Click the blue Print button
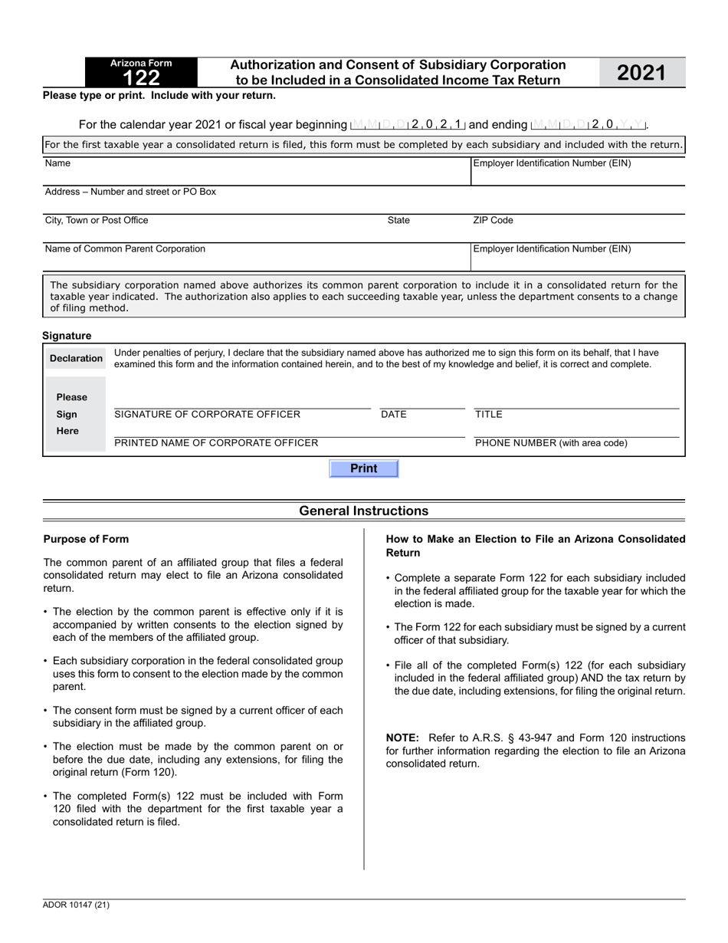click(x=363, y=468)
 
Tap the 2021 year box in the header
click(x=641, y=73)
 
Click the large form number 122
click(x=141, y=77)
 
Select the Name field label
click(x=57, y=163)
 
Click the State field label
click(x=398, y=221)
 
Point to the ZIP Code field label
click(x=493, y=221)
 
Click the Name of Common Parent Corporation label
click(x=125, y=249)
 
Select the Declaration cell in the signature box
click(x=76, y=358)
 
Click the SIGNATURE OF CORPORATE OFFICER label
click(x=207, y=415)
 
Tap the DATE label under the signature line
click(x=394, y=415)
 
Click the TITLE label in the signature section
click(x=489, y=415)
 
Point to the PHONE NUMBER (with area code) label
click(x=551, y=443)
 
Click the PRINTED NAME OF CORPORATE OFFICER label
click(x=216, y=443)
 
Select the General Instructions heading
click(x=363, y=511)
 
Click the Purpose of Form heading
click(x=86, y=539)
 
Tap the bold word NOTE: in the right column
click(x=402, y=738)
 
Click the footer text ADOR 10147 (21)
click(x=77, y=905)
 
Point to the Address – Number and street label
click(x=130, y=192)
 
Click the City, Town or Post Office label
click(x=97, y=221)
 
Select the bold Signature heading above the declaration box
click(x=67, y=336)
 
